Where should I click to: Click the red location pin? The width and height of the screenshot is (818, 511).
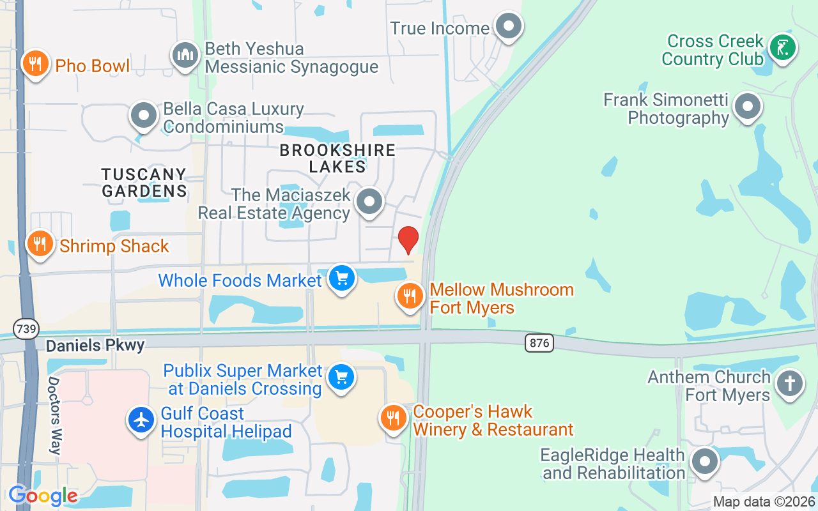[x=408, y=240]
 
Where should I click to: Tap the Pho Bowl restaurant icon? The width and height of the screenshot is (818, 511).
[x=36, y=64]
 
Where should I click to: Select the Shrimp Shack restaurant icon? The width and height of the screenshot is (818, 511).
[x=40, y=244]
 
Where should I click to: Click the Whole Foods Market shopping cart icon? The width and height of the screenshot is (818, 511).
[x=342, y=278]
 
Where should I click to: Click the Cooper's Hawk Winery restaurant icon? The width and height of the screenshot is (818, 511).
[x=393, y=418]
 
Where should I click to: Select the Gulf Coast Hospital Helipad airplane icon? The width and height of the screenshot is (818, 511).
[x=141, y=420]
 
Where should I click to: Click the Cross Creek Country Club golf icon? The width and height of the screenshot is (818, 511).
[x=782, y=48]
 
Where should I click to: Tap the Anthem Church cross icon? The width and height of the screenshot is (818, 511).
[x=790, y=384]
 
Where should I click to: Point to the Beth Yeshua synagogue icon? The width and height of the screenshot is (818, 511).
[x=185, y=56]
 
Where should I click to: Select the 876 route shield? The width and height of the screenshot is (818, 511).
[x=539, y=343]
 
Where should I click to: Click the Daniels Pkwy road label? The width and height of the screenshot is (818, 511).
[x=95, y=346]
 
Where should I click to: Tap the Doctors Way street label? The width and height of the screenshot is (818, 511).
[x=54, y=415]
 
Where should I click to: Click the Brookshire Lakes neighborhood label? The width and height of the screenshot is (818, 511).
[x=337, y=158]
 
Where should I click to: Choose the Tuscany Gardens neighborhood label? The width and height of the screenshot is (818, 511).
[x=144, y=182]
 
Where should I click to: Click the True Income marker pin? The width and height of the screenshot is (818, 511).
[x=509, y=27]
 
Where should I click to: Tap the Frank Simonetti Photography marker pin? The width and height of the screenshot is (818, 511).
[x=748, y=107]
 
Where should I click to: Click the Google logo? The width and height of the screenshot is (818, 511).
[x=43, y=495]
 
